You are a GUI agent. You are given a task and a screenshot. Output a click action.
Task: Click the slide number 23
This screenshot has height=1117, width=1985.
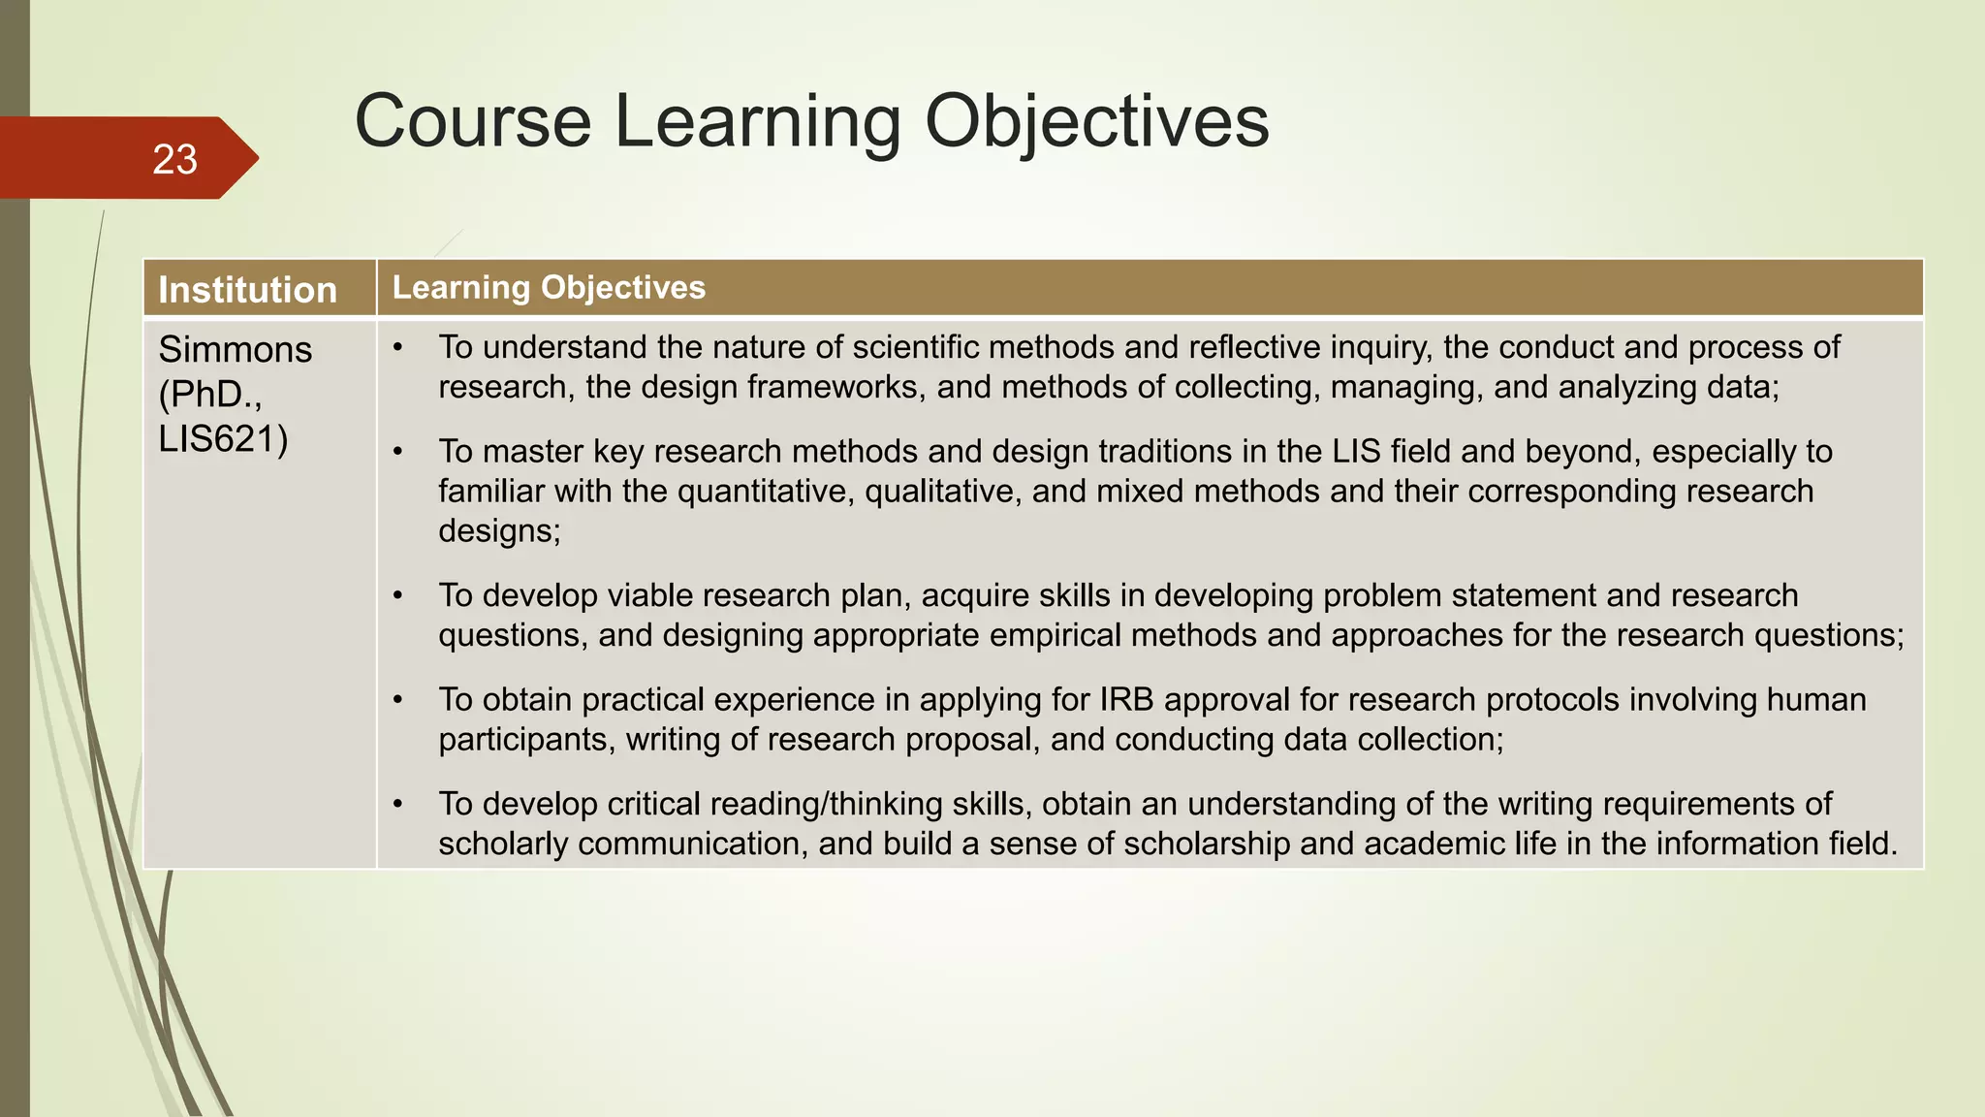[174, 160]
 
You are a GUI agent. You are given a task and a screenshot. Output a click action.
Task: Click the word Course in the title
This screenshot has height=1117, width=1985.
[472, 121]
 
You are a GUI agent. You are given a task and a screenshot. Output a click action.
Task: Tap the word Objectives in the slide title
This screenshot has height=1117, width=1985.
[1096, 121]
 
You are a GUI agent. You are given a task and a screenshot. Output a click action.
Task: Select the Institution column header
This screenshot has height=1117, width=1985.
[247, 290]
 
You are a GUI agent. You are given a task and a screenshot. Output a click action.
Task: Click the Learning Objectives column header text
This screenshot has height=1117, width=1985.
[549, 288]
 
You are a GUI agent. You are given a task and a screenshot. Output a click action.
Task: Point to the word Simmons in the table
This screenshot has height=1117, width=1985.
[236, 349]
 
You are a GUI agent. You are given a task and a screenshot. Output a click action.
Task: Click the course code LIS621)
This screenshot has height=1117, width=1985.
[223, 439]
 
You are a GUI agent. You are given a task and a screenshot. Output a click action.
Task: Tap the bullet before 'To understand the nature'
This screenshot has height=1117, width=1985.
[398, 347]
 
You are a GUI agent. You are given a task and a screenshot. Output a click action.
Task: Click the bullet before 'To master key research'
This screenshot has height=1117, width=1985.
[398, 452]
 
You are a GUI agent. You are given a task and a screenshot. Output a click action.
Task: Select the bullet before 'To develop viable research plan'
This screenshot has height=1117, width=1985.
[398, 595]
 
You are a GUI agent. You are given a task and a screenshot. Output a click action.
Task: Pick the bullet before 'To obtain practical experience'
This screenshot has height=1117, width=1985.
[398, 700]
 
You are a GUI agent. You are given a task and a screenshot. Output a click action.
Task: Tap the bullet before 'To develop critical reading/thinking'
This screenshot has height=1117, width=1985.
[398, 805]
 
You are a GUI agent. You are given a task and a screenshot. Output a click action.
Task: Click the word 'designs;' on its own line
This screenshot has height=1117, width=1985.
[499, 531]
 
